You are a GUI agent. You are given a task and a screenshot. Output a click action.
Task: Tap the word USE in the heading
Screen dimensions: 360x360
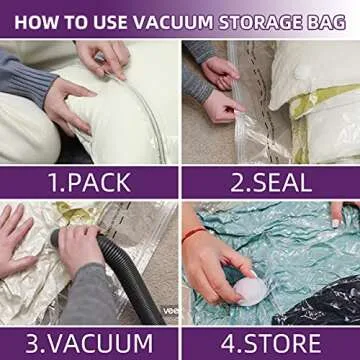point(108,19)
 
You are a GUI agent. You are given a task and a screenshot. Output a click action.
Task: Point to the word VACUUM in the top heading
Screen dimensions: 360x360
point(171,19)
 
